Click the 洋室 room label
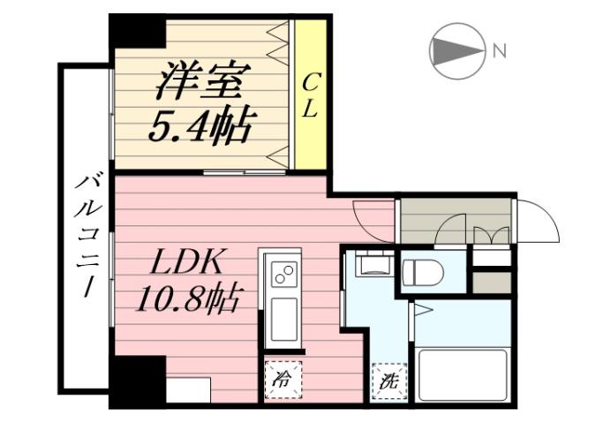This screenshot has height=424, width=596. tap(201, 81)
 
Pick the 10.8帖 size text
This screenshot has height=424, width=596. tap(189, 302)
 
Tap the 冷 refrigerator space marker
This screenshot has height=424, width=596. tap(282, 382)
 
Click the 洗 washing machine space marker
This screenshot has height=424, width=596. tap(388, 382)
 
